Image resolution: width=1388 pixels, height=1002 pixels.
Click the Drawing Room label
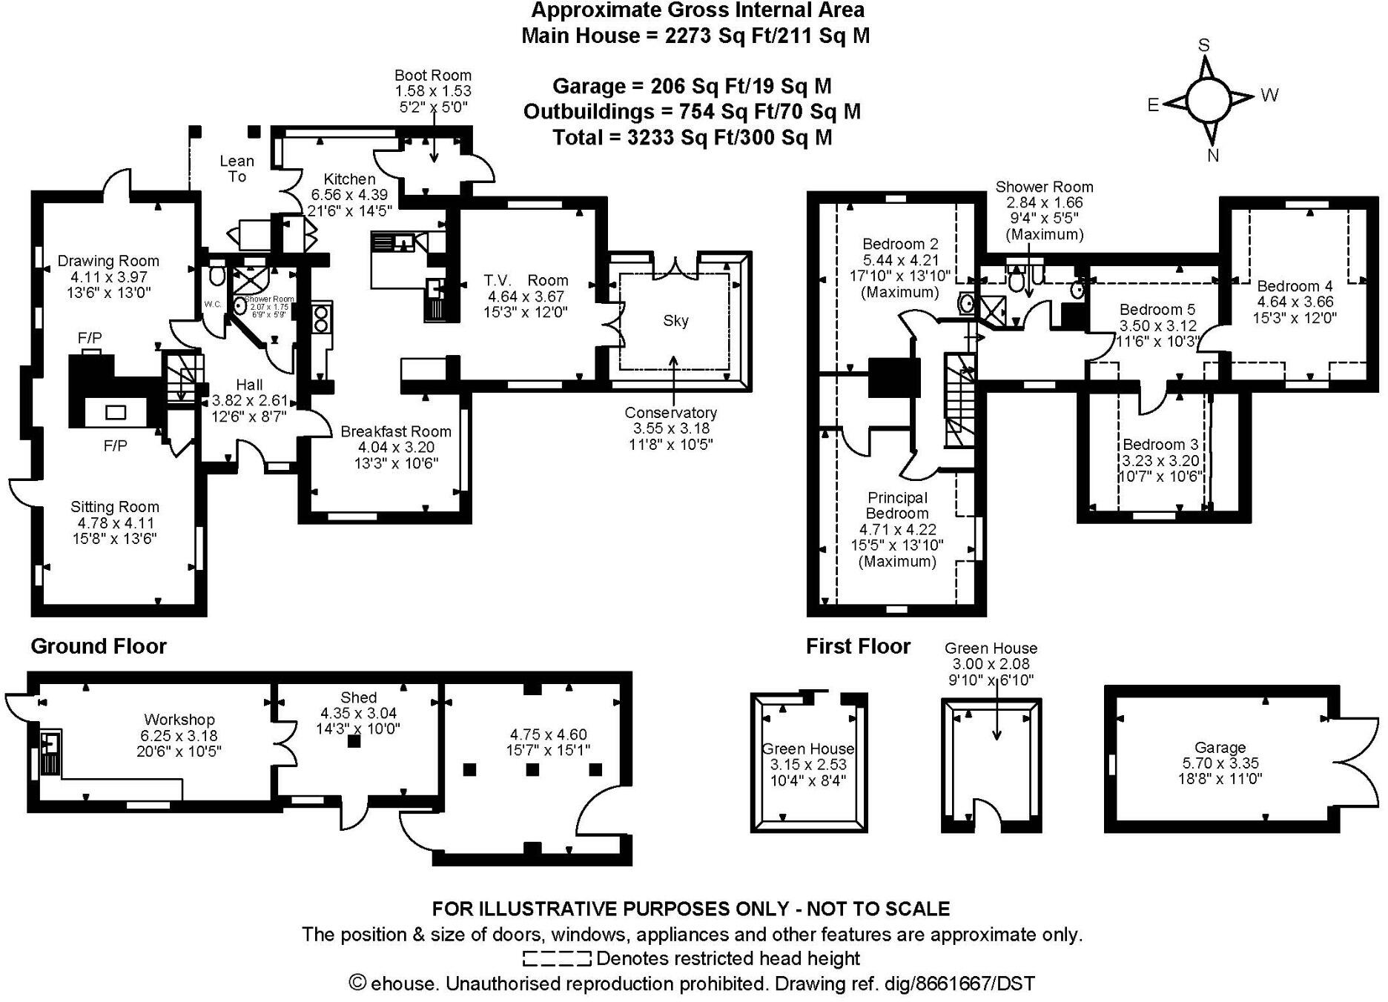click(x=108, y=261)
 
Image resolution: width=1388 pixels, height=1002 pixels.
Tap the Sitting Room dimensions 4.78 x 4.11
click(x=114, y=522)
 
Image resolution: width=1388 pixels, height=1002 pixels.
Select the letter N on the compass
click(x=1214, y=155)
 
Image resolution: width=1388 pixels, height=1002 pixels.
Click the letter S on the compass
click(x=1203, y=45)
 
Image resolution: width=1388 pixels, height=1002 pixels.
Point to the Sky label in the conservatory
click(x=675, y=320)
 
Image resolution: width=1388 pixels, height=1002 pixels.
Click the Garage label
click(x=1220, y=747)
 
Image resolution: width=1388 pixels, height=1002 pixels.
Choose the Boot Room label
click(x=433, y=75)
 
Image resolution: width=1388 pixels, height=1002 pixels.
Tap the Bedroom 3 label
click(x=1160, y=444)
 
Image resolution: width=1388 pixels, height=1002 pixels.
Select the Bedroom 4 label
click(x=1295, y=286)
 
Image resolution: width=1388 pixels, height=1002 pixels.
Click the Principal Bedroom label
click(x=897, y=505)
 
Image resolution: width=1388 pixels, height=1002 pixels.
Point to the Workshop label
click(x=179, y=719)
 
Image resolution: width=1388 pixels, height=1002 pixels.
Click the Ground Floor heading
click(x=99, y=646)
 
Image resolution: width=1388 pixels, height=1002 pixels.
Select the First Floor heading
click(x=858, y=646)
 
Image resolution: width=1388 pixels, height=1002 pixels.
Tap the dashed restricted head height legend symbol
click(x=557, y=959)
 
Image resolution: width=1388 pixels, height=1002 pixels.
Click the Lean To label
click(x=237, y=168)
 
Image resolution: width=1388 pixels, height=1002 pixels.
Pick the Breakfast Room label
click(x=396, y=431)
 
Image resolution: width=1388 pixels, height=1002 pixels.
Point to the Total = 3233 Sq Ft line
click(x=693, y=137)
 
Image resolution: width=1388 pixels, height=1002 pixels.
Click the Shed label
click(x=358, y=697)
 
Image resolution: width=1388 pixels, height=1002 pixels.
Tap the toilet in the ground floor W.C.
click(x=217, y=276)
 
